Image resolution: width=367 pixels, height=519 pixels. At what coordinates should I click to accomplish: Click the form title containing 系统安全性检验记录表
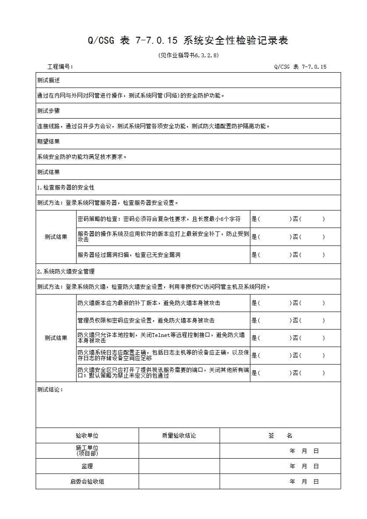188,41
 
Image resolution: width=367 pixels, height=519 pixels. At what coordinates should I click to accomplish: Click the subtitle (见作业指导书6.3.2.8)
188,56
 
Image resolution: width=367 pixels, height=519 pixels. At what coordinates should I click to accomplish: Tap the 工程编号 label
60,67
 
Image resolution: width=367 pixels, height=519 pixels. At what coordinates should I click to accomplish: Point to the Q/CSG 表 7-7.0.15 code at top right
300,67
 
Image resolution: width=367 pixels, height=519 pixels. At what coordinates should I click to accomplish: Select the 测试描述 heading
48,81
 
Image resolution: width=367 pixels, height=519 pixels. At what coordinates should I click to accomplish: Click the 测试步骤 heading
48,111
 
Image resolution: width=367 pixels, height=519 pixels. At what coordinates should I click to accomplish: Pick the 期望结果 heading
48,142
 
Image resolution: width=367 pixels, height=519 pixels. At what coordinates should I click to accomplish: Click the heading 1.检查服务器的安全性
66,188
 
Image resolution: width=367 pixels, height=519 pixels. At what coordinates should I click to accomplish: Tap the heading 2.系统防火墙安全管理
66,272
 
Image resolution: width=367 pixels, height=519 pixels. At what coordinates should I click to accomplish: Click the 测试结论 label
50,390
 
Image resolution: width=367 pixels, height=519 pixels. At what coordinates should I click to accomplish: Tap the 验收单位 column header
87,436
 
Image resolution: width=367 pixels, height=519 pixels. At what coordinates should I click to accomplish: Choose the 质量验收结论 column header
179,436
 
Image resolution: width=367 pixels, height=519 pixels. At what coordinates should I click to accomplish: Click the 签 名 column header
280,436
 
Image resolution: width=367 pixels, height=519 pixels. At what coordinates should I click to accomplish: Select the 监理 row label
87,466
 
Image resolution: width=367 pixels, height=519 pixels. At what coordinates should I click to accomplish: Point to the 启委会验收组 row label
87,482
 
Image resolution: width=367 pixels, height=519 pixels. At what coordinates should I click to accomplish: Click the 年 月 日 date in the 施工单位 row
304,451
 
